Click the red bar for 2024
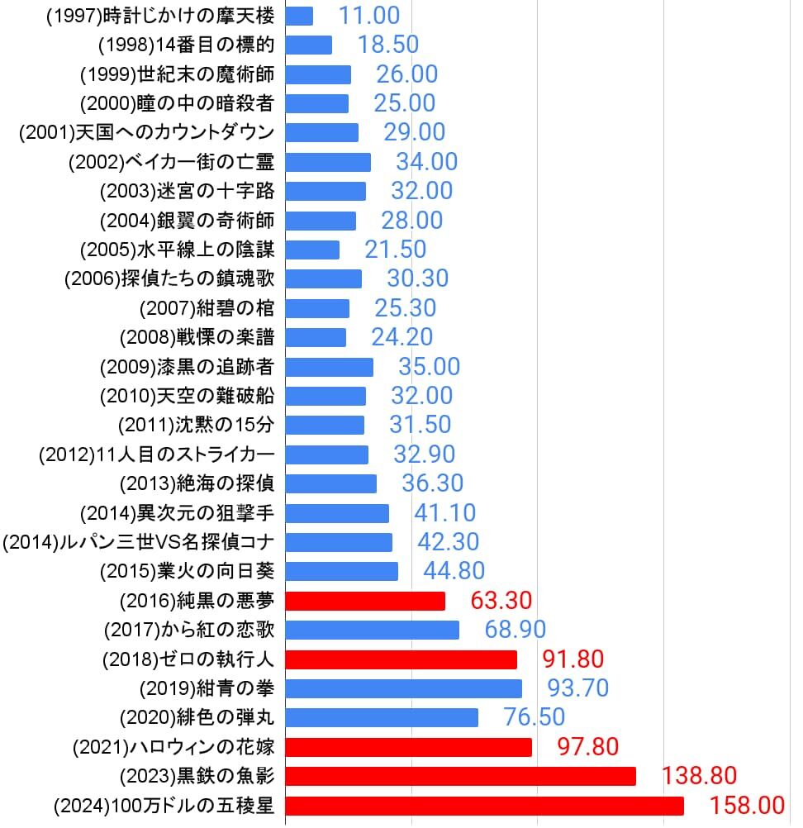[485, 806]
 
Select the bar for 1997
[300, 16]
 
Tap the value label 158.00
[747, 806]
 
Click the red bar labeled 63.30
[366, 601]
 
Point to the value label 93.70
[577, 688]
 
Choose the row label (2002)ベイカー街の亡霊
[171, 162]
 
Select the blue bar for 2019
[404, 688]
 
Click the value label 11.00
[368, 16]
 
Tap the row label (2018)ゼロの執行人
[188, 659]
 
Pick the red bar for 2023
[461, 776]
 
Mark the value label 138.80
[699, 776]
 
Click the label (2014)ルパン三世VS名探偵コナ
[139, 542]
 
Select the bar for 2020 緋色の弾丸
[382, 717]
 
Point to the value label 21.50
[396, 250]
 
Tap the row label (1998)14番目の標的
[185, 45]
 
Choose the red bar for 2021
[409, 747]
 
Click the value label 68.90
[516, 630]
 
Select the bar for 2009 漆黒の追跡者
[330, 367]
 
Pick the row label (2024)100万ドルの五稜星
[163, 806]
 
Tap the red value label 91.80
[573, 659]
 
